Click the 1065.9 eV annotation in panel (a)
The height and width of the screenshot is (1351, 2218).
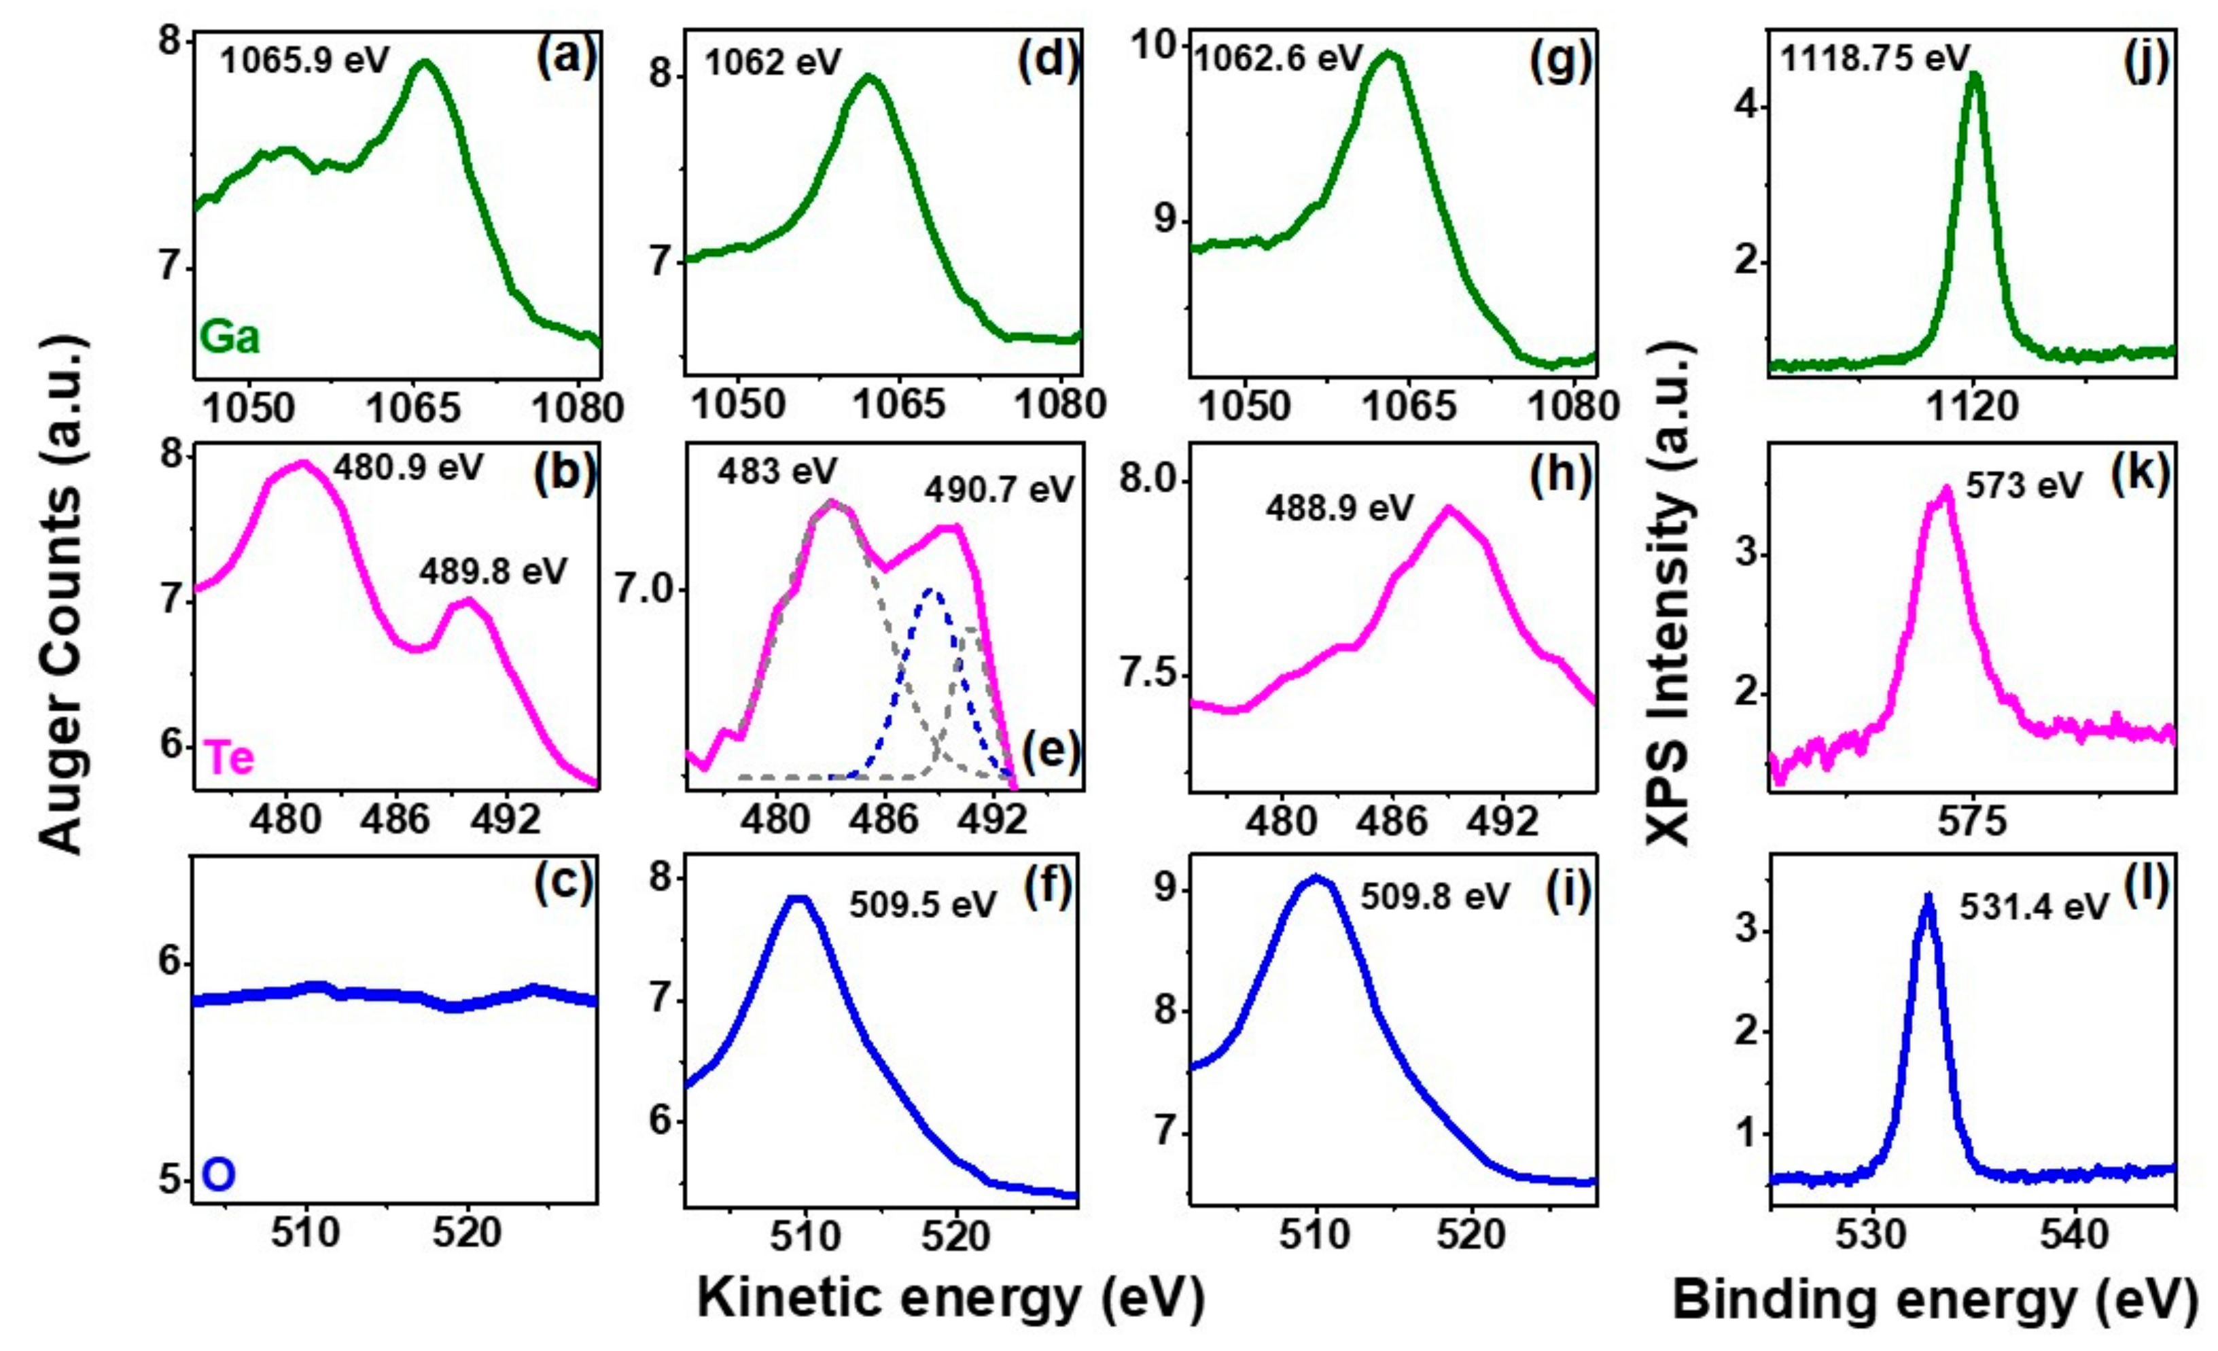click(304, 61)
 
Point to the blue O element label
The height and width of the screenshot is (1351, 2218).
click(219, 1176)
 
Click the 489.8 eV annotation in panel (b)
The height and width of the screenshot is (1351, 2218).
click(493, 572)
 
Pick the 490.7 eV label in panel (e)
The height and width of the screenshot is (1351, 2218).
click(999, 490)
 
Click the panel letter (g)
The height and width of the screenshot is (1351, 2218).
click(1561, 62)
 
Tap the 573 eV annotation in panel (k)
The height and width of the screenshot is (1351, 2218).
click(2024, 486)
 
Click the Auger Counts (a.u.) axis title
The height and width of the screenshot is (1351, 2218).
click(63, 594)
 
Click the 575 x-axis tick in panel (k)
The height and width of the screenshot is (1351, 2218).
click(1972, 821)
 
